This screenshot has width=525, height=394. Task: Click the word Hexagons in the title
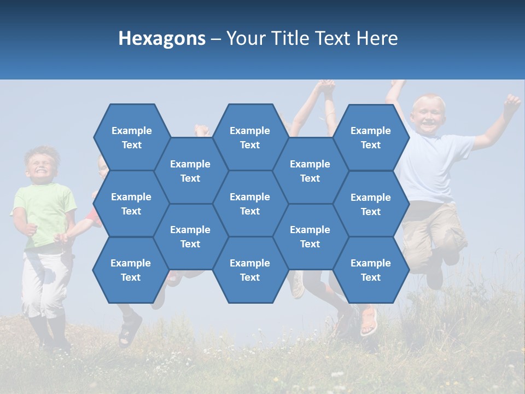click(162, 38)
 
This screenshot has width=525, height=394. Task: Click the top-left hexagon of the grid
click(131, 137)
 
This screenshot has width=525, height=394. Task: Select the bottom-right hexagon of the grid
click(371, 270)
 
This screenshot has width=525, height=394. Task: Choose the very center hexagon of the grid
click(250, 204)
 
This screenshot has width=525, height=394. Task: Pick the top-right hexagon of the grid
click(371, 137)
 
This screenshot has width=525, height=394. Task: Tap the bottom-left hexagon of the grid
click(131, 270)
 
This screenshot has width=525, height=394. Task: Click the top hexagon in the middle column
click(250, 137)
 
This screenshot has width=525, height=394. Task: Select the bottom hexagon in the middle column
click(250, 270)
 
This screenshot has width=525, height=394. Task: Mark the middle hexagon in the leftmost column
click(131, 204)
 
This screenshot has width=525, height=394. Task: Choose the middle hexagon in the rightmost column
click(371, 204)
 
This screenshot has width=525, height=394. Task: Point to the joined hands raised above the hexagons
click(326, 86)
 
